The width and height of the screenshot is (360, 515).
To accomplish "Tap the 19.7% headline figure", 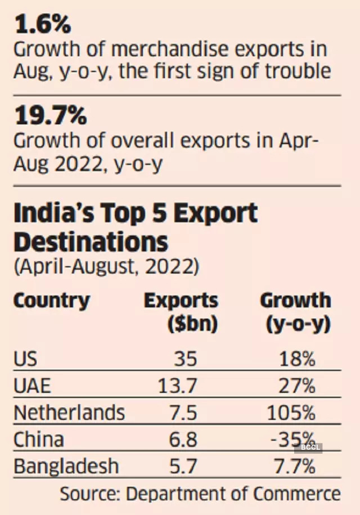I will point(51,117).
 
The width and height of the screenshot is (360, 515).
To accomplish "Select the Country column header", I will point(51,300).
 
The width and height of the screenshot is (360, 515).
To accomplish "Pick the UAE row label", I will point(32,386).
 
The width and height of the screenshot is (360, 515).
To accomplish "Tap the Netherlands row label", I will point(69,413).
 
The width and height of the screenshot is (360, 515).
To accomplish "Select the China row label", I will point(39,440).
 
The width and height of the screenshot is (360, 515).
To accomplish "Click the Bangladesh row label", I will point(66,467).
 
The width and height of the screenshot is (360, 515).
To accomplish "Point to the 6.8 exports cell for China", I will point(183,440).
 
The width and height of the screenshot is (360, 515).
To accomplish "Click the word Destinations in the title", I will point(91,242).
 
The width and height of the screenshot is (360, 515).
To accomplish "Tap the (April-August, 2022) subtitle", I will point(106,266).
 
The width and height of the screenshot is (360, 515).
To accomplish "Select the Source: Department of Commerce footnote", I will point(200,494).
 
